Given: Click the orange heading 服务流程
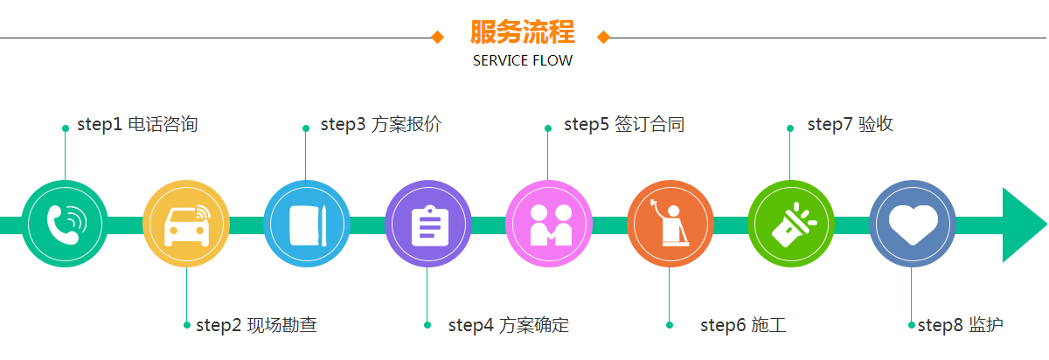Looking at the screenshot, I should point(523,33).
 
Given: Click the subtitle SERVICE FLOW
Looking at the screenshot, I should point(523,61).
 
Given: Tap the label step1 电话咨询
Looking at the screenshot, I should point(137,125).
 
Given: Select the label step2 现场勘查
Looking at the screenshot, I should point(256,326).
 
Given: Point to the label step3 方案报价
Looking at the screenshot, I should point(380,125).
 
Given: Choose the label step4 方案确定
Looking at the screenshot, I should point(508,326).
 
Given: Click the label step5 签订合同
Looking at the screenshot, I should point(623,125).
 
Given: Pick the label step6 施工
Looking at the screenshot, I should point(743,326).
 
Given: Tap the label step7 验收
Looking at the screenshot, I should point(850,125).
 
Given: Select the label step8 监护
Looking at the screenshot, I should point(960,326).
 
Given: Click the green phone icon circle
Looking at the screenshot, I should point(65,224).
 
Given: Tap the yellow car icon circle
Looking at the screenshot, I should point(186,224).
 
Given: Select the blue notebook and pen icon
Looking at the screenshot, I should point(307,224).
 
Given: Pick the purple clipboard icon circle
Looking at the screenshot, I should point(428,224).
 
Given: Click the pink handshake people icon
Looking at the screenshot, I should point(549,224).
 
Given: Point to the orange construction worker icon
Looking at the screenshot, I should point(670,224).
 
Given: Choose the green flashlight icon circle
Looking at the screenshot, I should point(791,224).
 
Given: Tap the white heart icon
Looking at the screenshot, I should point(913,224).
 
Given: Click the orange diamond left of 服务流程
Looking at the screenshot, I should point(438,37).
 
